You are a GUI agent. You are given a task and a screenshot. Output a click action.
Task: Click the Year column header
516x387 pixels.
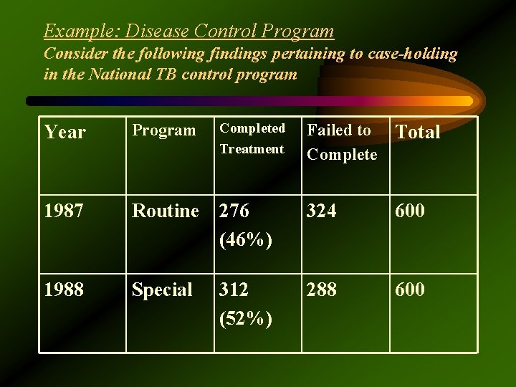click(65, 133)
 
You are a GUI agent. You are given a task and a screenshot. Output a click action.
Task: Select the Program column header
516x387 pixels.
click(163, 130)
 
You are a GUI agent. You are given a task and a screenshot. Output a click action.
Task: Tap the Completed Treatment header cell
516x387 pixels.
click(252, 138)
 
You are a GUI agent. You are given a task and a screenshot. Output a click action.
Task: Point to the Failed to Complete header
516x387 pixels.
click(342, 142)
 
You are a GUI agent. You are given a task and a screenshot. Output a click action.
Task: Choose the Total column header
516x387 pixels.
click(418, 132)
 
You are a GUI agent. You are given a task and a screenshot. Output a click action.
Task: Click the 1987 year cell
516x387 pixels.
click(64, 211)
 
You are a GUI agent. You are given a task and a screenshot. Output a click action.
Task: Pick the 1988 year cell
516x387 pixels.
click(64, 290)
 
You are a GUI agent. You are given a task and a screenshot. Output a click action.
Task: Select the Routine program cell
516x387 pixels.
click(165, 211)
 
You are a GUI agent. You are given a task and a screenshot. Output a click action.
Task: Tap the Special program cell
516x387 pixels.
click(162, 290)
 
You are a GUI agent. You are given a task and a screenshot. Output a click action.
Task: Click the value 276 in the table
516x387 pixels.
click(234, 211)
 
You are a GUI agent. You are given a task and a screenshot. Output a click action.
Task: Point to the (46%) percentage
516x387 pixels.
click(246, 240)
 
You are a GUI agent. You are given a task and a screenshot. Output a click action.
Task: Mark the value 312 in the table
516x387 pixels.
click(234, 290)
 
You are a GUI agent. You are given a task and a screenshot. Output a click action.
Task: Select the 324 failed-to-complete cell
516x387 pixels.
click(322, 211)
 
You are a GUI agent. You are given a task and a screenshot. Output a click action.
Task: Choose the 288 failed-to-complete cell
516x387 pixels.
click(322, 290)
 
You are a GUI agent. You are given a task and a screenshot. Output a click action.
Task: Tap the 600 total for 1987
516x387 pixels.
click(410, 211)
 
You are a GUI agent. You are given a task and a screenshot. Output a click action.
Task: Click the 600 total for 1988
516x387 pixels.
click(410, 290)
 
